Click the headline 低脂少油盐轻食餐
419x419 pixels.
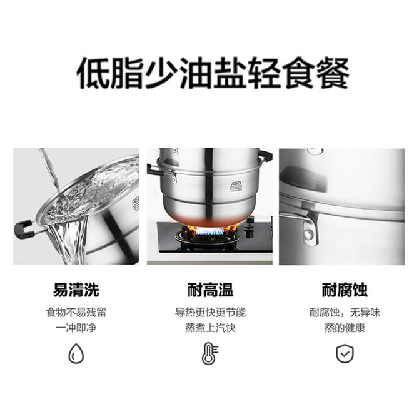[x=213, y=73]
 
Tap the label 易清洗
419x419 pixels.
[x=76, y=290]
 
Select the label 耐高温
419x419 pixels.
[x=210, y=290]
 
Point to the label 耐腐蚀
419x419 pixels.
[x=345, y=290]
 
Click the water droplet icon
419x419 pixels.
[x=76, y=353]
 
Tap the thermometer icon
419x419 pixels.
[x=210, y=353]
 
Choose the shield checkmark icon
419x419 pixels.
[x=345, y=353]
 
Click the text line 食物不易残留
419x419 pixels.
[x=76, y=313]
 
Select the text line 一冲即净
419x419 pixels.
[x=76, y=328]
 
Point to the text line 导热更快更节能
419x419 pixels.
[x=210, y=313]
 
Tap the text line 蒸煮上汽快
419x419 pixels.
[x=210, y=328]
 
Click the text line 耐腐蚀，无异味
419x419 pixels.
[x=345, y=313]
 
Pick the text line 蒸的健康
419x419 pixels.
[x=345, y=328]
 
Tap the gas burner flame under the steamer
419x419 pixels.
[x=210, y=230]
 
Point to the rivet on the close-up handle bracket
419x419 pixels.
[x=309, y=235]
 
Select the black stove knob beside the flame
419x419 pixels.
[x=250, y=228]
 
